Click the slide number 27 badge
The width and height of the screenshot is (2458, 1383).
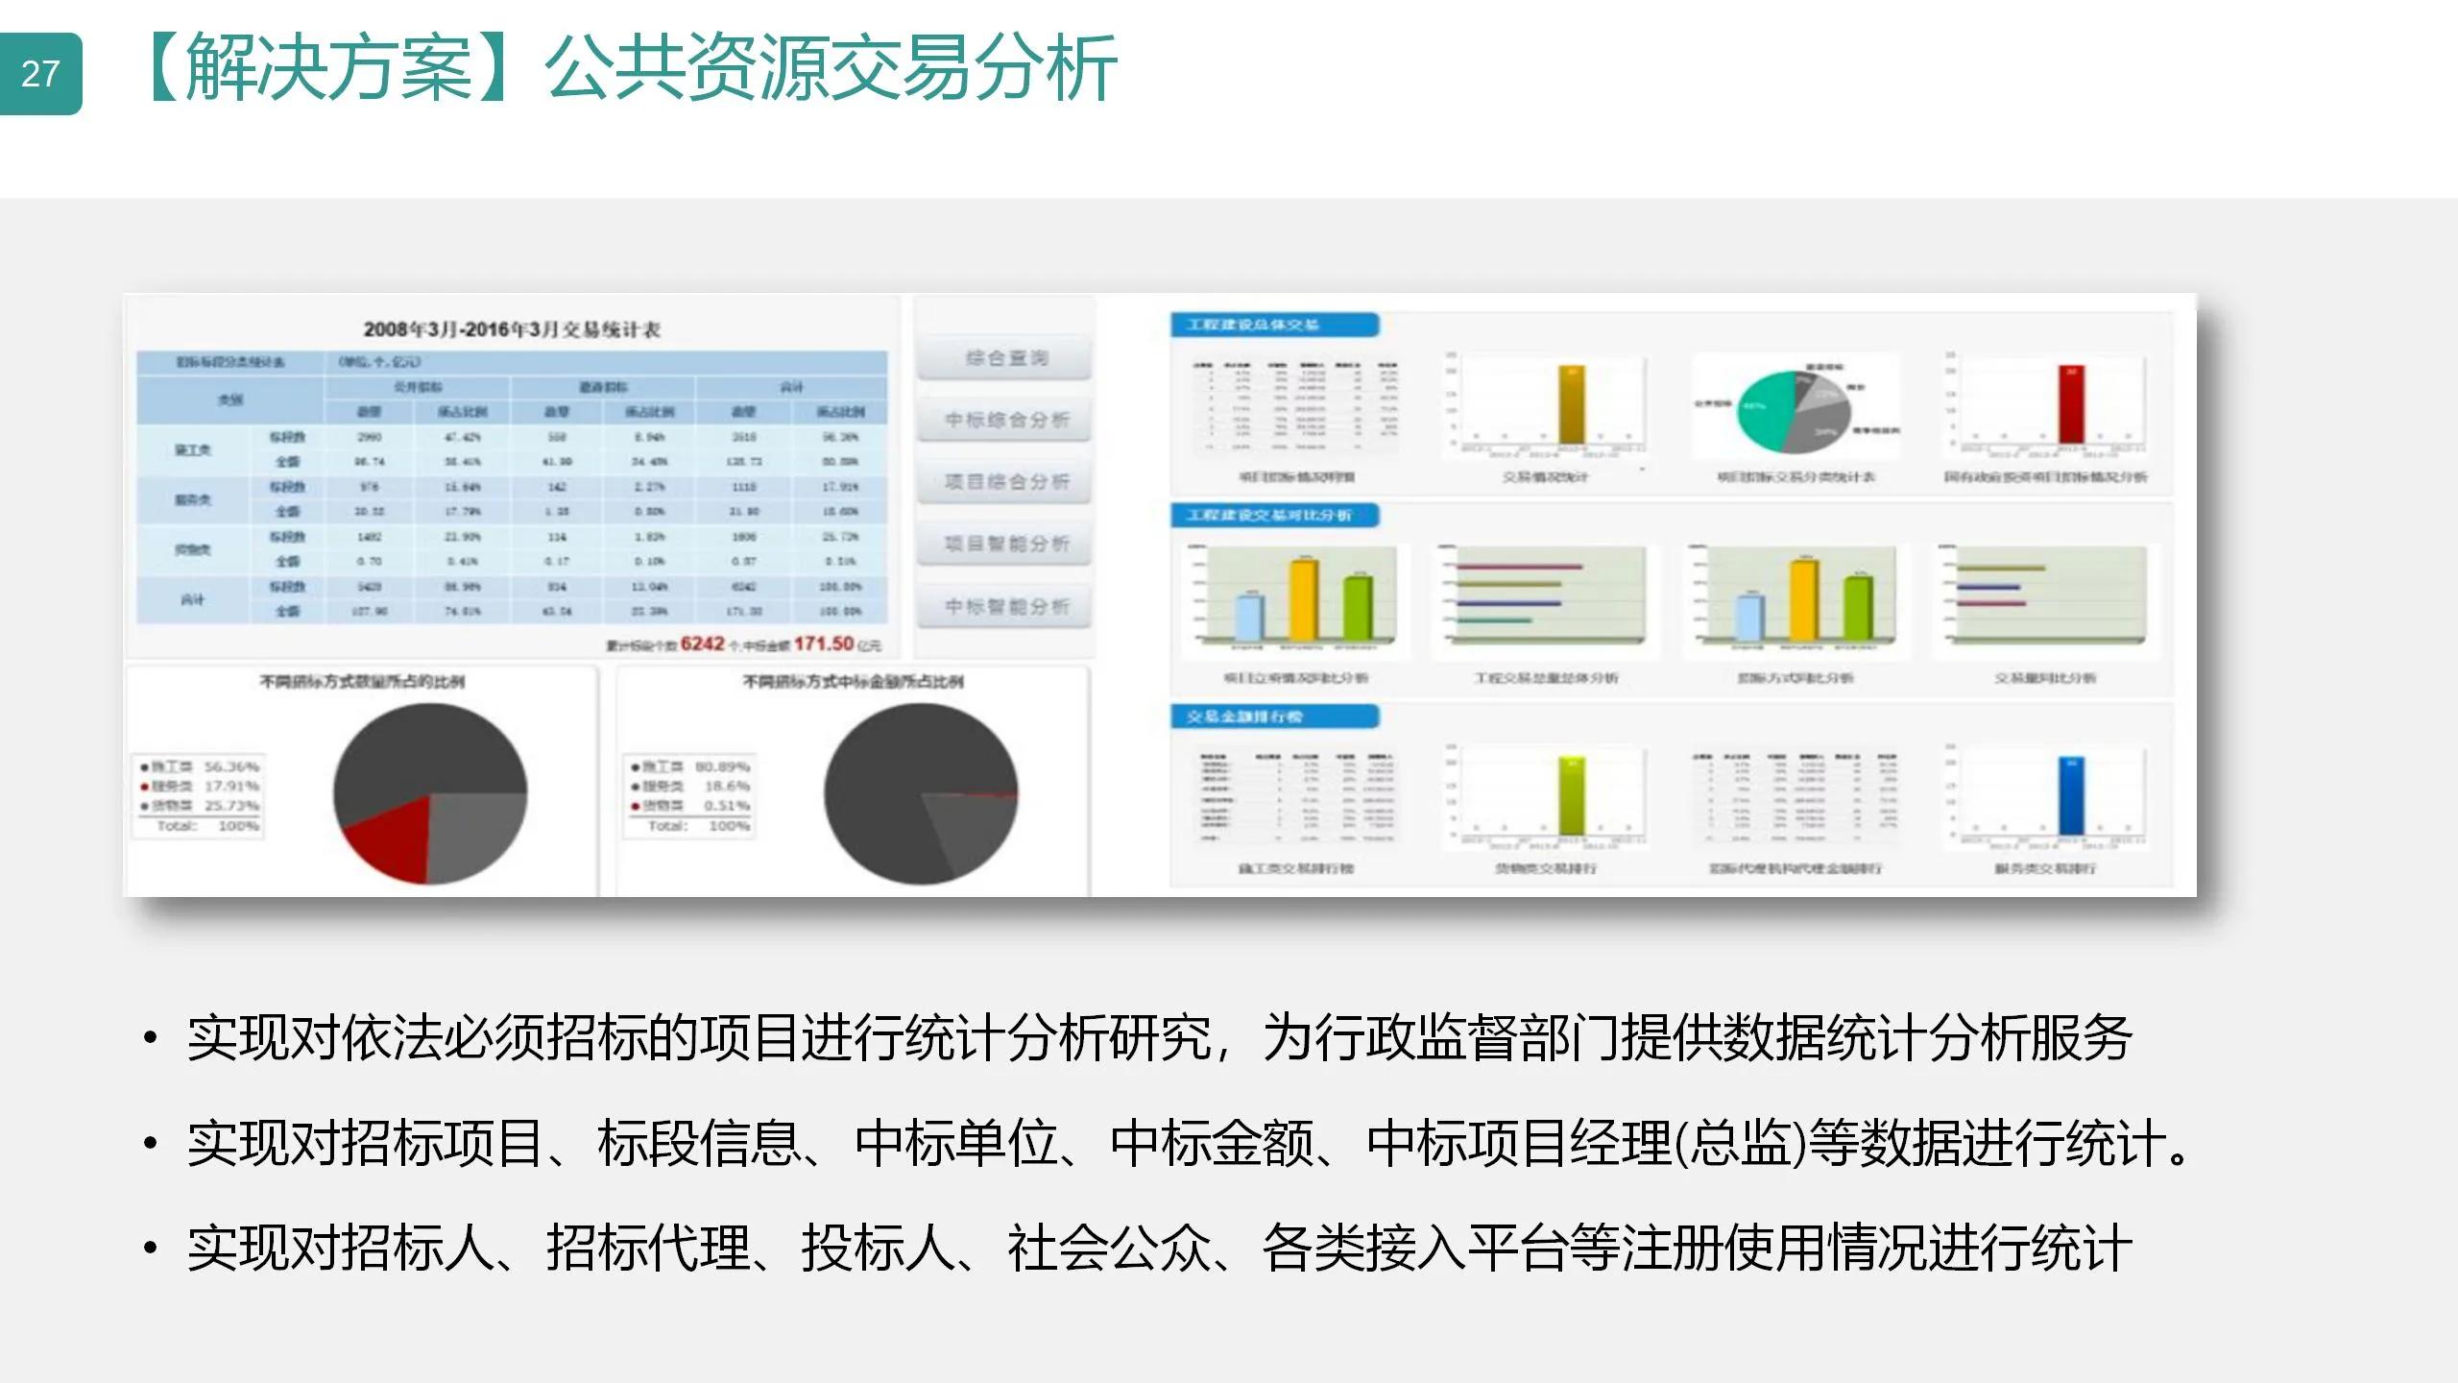coord(40,74)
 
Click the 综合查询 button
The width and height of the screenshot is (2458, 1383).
coord(1005,358)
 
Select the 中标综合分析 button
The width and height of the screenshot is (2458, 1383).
coord(1005,420)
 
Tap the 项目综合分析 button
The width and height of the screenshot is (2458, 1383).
coord(1005,481)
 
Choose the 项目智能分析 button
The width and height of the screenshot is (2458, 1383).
coord(1005,544)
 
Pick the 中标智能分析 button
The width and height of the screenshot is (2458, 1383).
coord(1005,606)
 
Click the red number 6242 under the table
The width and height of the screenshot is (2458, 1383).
coord(702,643)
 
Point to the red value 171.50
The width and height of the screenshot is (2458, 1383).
coord(823,643)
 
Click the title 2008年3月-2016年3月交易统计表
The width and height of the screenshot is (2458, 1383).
coord(512,329)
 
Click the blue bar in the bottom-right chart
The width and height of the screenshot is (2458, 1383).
coord(2072,797)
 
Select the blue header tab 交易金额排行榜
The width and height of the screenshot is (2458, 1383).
coord(1273,716)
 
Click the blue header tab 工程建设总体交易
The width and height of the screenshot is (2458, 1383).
coord(1273,325)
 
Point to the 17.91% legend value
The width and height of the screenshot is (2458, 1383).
coord(231,787)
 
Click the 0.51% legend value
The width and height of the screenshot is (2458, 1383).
coord(727,806)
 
